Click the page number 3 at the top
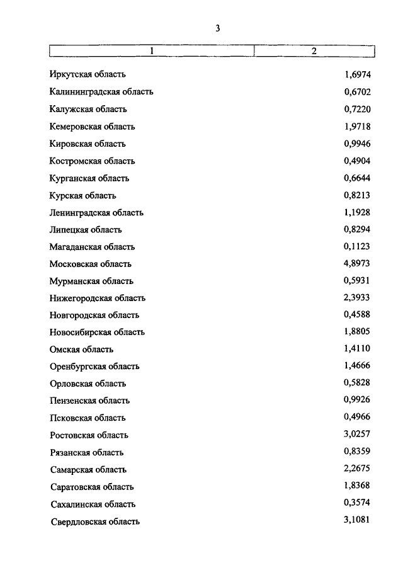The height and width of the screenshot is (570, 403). coord(217,28)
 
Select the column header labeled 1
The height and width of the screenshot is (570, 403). coord(151,51)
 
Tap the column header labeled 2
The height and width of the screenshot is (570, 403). coord(314,51)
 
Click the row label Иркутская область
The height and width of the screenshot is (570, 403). coord(91,75)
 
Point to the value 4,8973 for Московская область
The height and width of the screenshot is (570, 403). coord(357,264)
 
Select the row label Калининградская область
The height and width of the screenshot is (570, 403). coord(101,92)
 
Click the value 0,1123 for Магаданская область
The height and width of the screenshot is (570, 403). coord(357,247)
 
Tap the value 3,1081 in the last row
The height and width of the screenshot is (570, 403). coord(357,520)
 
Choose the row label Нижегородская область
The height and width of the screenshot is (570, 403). coord(98,298)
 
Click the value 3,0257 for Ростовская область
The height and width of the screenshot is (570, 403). coord(357,435)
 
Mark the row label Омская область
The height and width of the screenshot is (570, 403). coord(81,349)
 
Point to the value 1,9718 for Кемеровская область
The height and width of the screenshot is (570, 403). coord(357,127)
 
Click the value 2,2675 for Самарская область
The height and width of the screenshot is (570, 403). coord(357,469)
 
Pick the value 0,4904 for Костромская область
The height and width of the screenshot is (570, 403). coord(357,161)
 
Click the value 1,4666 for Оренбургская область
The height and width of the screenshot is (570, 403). coord(357,366)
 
